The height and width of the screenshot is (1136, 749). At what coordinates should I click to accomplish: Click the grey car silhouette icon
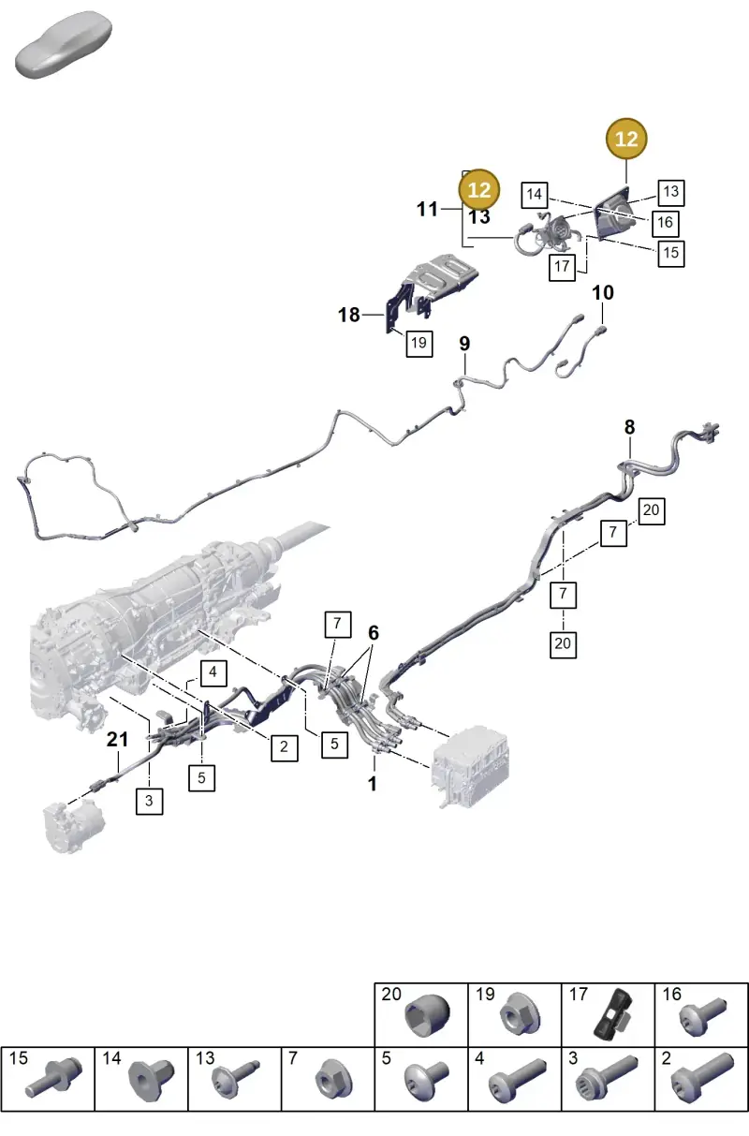click(64, 45)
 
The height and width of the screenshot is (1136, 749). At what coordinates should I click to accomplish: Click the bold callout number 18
click(349, 315)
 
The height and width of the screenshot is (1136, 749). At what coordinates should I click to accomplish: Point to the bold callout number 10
click(603, 292)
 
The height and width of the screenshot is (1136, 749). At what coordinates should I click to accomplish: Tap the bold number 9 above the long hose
click(464, 344)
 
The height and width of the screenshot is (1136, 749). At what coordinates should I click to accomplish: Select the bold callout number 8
click(629, 427)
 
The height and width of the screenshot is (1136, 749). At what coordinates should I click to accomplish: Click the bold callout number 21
click(117, 739)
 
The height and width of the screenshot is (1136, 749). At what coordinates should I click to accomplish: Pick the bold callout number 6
click(374, 633)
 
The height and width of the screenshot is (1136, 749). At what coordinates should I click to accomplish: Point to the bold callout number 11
click(427, 209)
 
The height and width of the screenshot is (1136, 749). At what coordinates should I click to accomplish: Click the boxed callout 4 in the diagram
click(213, 673)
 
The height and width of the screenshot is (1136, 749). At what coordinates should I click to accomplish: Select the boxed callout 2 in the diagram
click(284, 747)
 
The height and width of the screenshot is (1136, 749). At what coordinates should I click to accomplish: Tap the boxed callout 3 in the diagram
click(149, 802)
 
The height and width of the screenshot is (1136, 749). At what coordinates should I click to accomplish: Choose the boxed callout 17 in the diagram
click(562, 267)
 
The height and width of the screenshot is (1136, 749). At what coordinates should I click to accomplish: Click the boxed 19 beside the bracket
click(419, 344)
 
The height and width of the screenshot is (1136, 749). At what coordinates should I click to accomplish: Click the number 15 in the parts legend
click(18, 1058)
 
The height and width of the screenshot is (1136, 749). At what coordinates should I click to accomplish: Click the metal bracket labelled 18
click(431, 290)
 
